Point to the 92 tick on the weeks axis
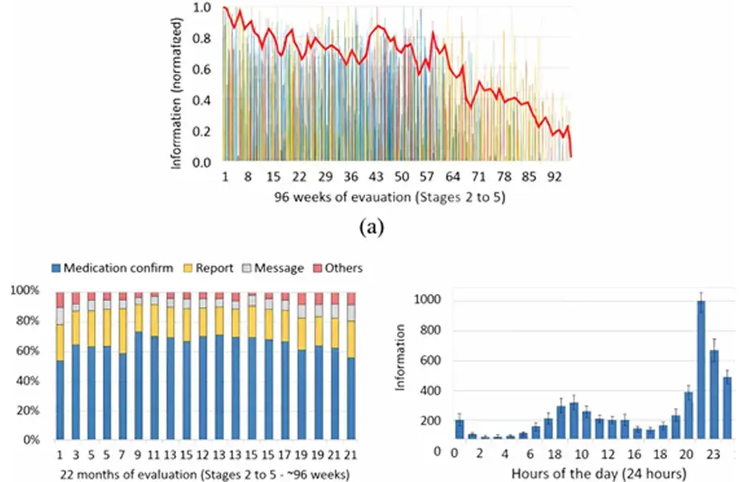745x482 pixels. [555, 176]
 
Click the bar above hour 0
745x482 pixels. [459, 429]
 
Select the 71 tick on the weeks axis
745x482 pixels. [479, 176]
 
